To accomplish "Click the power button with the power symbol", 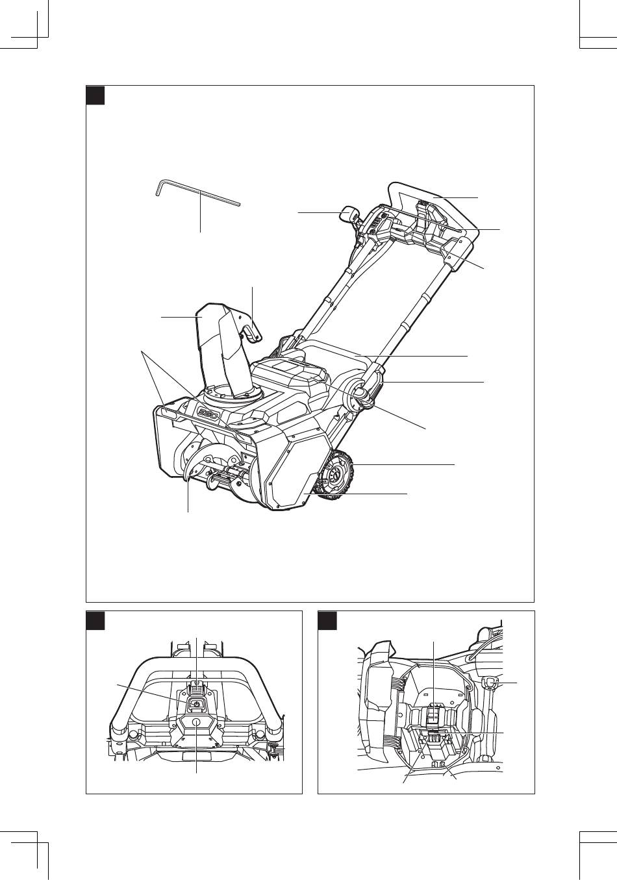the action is coord(196,703).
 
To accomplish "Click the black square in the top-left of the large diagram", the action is coord(96,95).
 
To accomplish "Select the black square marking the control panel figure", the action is coord(96,620).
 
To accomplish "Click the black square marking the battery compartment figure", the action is coord(327,620).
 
